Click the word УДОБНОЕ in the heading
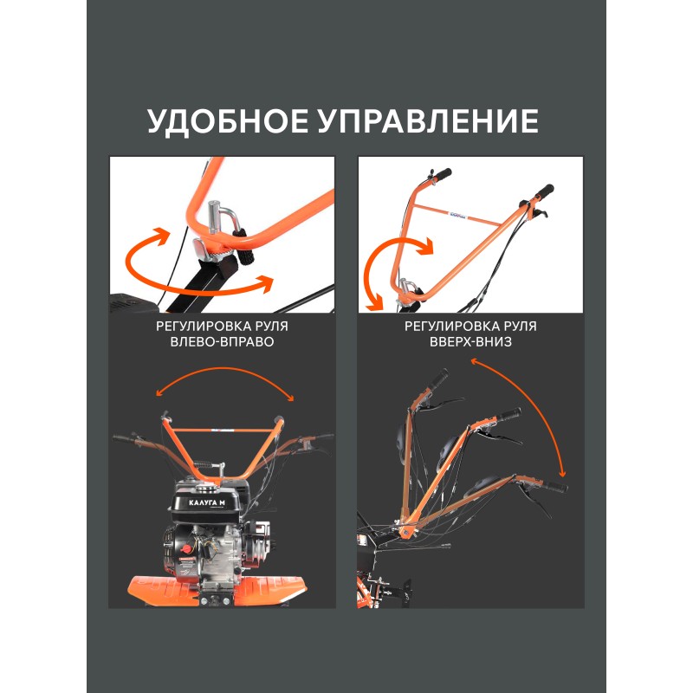click(228, 121)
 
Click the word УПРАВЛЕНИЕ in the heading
click(428, 121)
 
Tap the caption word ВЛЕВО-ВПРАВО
click(222, 341)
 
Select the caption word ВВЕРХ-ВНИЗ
click(470, 341)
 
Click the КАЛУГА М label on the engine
click(206, 503)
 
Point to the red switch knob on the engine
click(186, 549)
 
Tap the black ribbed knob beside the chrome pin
click(247, 245)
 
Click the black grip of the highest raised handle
click(439, 378)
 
